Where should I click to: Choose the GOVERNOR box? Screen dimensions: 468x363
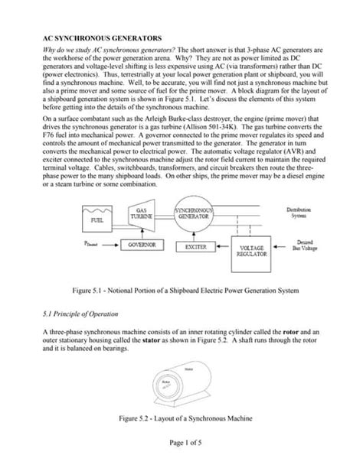tap(142, 245)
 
